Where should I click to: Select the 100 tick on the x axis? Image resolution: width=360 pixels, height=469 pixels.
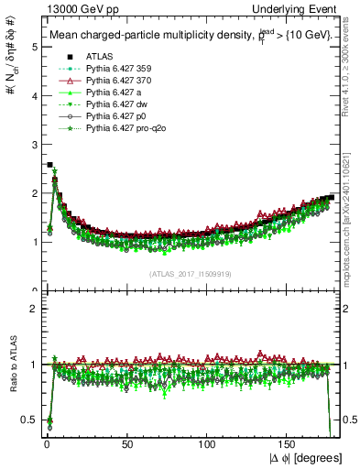point(207,443)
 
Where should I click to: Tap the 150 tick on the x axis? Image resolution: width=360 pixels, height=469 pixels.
point(288,443)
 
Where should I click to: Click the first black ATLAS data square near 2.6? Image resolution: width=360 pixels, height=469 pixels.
point(49,165)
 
